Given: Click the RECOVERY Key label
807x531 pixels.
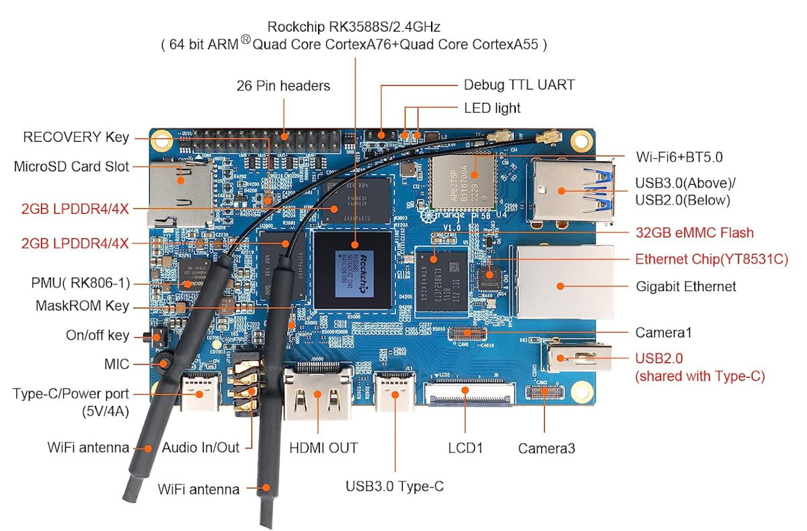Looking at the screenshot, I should pos(76,137).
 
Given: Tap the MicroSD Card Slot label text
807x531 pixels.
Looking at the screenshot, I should pos(71,166).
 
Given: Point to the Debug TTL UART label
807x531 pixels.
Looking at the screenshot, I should pos(519,85).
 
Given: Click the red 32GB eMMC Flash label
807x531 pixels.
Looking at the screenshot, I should pos(695,233).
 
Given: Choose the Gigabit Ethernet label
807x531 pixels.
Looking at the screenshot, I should pos(686,286).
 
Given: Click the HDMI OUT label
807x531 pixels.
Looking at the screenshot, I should pos(323,448).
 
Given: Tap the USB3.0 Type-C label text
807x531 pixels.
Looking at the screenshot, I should pos(395,486).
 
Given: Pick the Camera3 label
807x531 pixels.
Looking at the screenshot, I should pos(546,448).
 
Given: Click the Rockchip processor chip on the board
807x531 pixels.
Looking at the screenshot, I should pos(354,269).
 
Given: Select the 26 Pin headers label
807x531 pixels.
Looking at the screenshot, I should pos(283,86).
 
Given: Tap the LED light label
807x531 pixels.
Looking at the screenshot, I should pos(492,108).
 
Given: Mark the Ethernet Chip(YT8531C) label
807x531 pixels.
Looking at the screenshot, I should pos(712,259).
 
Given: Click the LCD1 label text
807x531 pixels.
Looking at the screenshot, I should pos(465,448).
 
